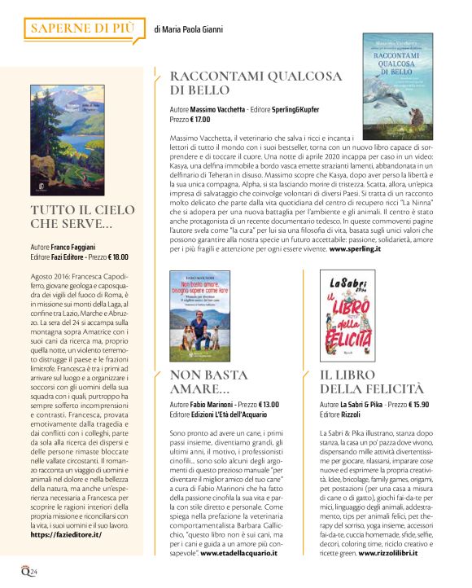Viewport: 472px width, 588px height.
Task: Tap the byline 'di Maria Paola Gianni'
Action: coord(193,29)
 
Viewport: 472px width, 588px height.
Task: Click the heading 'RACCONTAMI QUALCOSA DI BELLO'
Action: coord(233,83)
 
